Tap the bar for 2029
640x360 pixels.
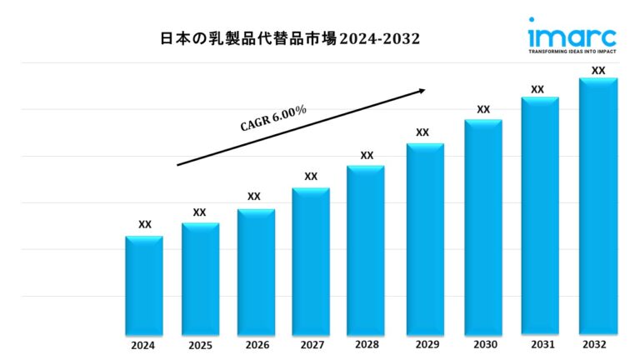pyautogui.click(x=425, y=238)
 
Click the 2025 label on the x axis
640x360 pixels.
pyautogui.click(x=200, y=345)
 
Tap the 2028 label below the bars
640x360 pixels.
pyautogui.click(x=366, y=345)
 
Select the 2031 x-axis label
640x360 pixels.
pyautogui.click(x=538, y=344)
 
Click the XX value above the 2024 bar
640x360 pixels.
pyautogui.click(x=145, y=224)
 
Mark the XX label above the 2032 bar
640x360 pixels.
pyautogui.click(x=598, y=71)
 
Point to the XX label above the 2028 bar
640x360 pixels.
pyautogui.click(x=367, y=155)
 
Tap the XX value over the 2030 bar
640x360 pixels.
pyautogui.click(x=483, y=109)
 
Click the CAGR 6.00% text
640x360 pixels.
pyautogui.click(x=274, y=119)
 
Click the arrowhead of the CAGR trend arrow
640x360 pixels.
pyautogui.click(x=422, y=90)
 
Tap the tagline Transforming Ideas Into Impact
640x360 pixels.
pyautogui.click(x=572, y=52)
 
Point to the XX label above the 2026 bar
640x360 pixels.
pyautogui.click(x=254, y=197)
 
